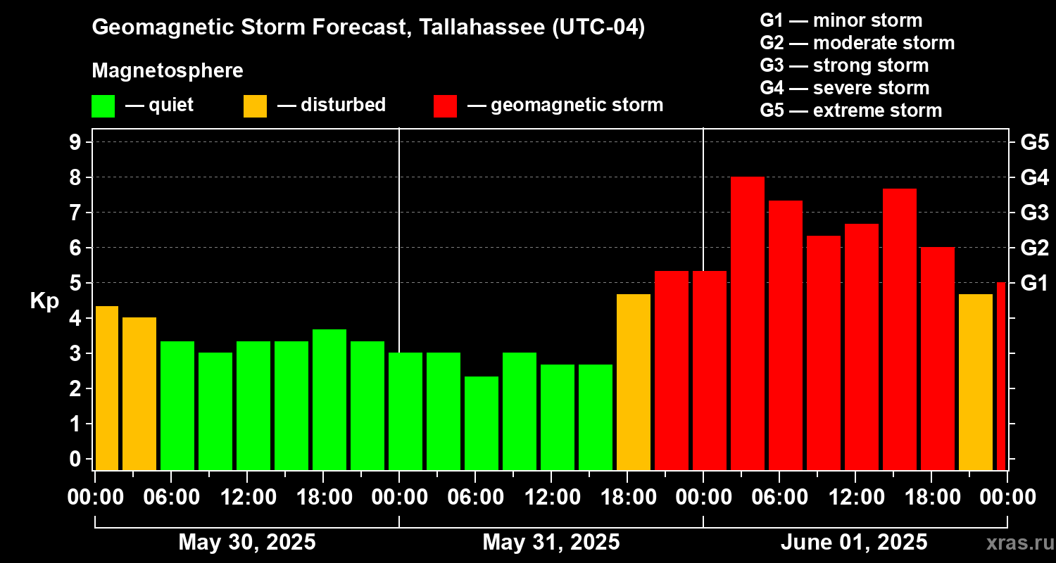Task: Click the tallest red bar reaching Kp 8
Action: click(x=748, y=324)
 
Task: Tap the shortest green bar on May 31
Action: click(x=482, y=423)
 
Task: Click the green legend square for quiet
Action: click(x=103, y=106)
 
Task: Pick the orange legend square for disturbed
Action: click(x=255, y=106)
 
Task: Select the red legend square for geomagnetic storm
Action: click(x=445, y=106)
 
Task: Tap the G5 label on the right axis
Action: click(x=1034, y=143)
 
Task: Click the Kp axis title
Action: click(x=44, y=301)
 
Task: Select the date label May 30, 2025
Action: click(x=247, y=543)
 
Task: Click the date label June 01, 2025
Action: click(x=854, y=543)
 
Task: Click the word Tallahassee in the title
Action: click(x=478, y=27)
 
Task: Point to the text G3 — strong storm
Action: click(x=844, y=65)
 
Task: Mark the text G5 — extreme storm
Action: click(x=850, y=110)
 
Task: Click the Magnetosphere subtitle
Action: click(x=168, y=71)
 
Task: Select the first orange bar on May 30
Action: click(x=107, y=388)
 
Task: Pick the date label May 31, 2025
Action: click(x=551, y=543)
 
